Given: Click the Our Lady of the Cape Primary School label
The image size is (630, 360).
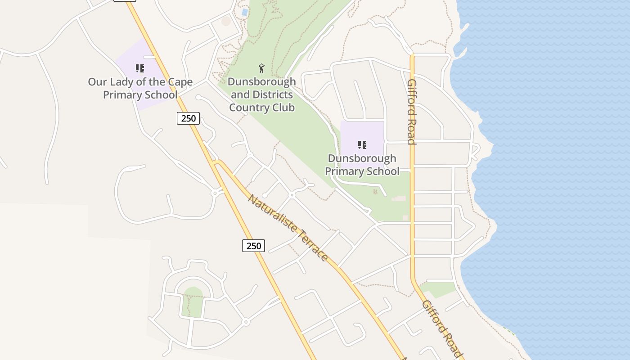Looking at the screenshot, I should tap(140, 88).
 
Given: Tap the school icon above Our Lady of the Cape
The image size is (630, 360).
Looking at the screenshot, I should tap(140, 68).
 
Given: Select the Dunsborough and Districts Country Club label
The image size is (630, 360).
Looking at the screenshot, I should tap(262, 94).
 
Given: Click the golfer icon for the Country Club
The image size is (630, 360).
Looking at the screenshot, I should tap(262, 68).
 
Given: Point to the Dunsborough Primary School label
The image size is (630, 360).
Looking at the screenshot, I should tap(362, 165).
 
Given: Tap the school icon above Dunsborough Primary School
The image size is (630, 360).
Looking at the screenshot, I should tap(362, 145).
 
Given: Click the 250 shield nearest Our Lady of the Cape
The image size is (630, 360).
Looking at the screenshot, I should tap(188, 118).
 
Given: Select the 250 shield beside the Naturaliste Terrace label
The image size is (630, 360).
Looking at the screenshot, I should tap(254, 246).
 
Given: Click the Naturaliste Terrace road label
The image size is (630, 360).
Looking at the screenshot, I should tap(288, 227).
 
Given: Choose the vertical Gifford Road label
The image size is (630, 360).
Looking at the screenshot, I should tap(411, 112).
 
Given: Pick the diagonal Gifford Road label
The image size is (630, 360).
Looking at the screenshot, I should tap(442, 329).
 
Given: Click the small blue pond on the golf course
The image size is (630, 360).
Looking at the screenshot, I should tap(244, 12).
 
